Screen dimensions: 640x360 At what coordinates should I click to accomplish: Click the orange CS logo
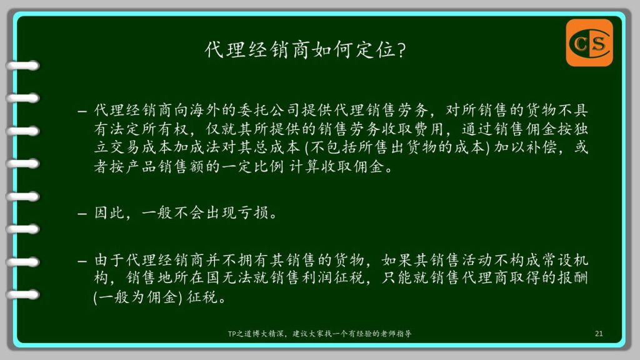coord(589,42)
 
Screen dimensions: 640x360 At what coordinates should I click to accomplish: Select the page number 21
coord(599,334)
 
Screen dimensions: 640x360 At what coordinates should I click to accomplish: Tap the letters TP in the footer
coord(232,334)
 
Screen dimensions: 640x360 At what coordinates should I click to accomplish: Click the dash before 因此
coord(82,214)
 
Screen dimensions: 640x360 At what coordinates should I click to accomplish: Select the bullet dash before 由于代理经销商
coord(82,261)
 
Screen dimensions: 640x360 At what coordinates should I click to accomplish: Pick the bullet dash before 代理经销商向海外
coord(82,111)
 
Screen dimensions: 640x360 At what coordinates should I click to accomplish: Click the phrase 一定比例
coord(253,166)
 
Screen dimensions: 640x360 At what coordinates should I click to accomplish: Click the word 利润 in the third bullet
coord(317,277)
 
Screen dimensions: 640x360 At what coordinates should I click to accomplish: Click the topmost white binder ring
coord(23,66)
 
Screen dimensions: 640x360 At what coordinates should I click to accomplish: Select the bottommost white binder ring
coord(23,294)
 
